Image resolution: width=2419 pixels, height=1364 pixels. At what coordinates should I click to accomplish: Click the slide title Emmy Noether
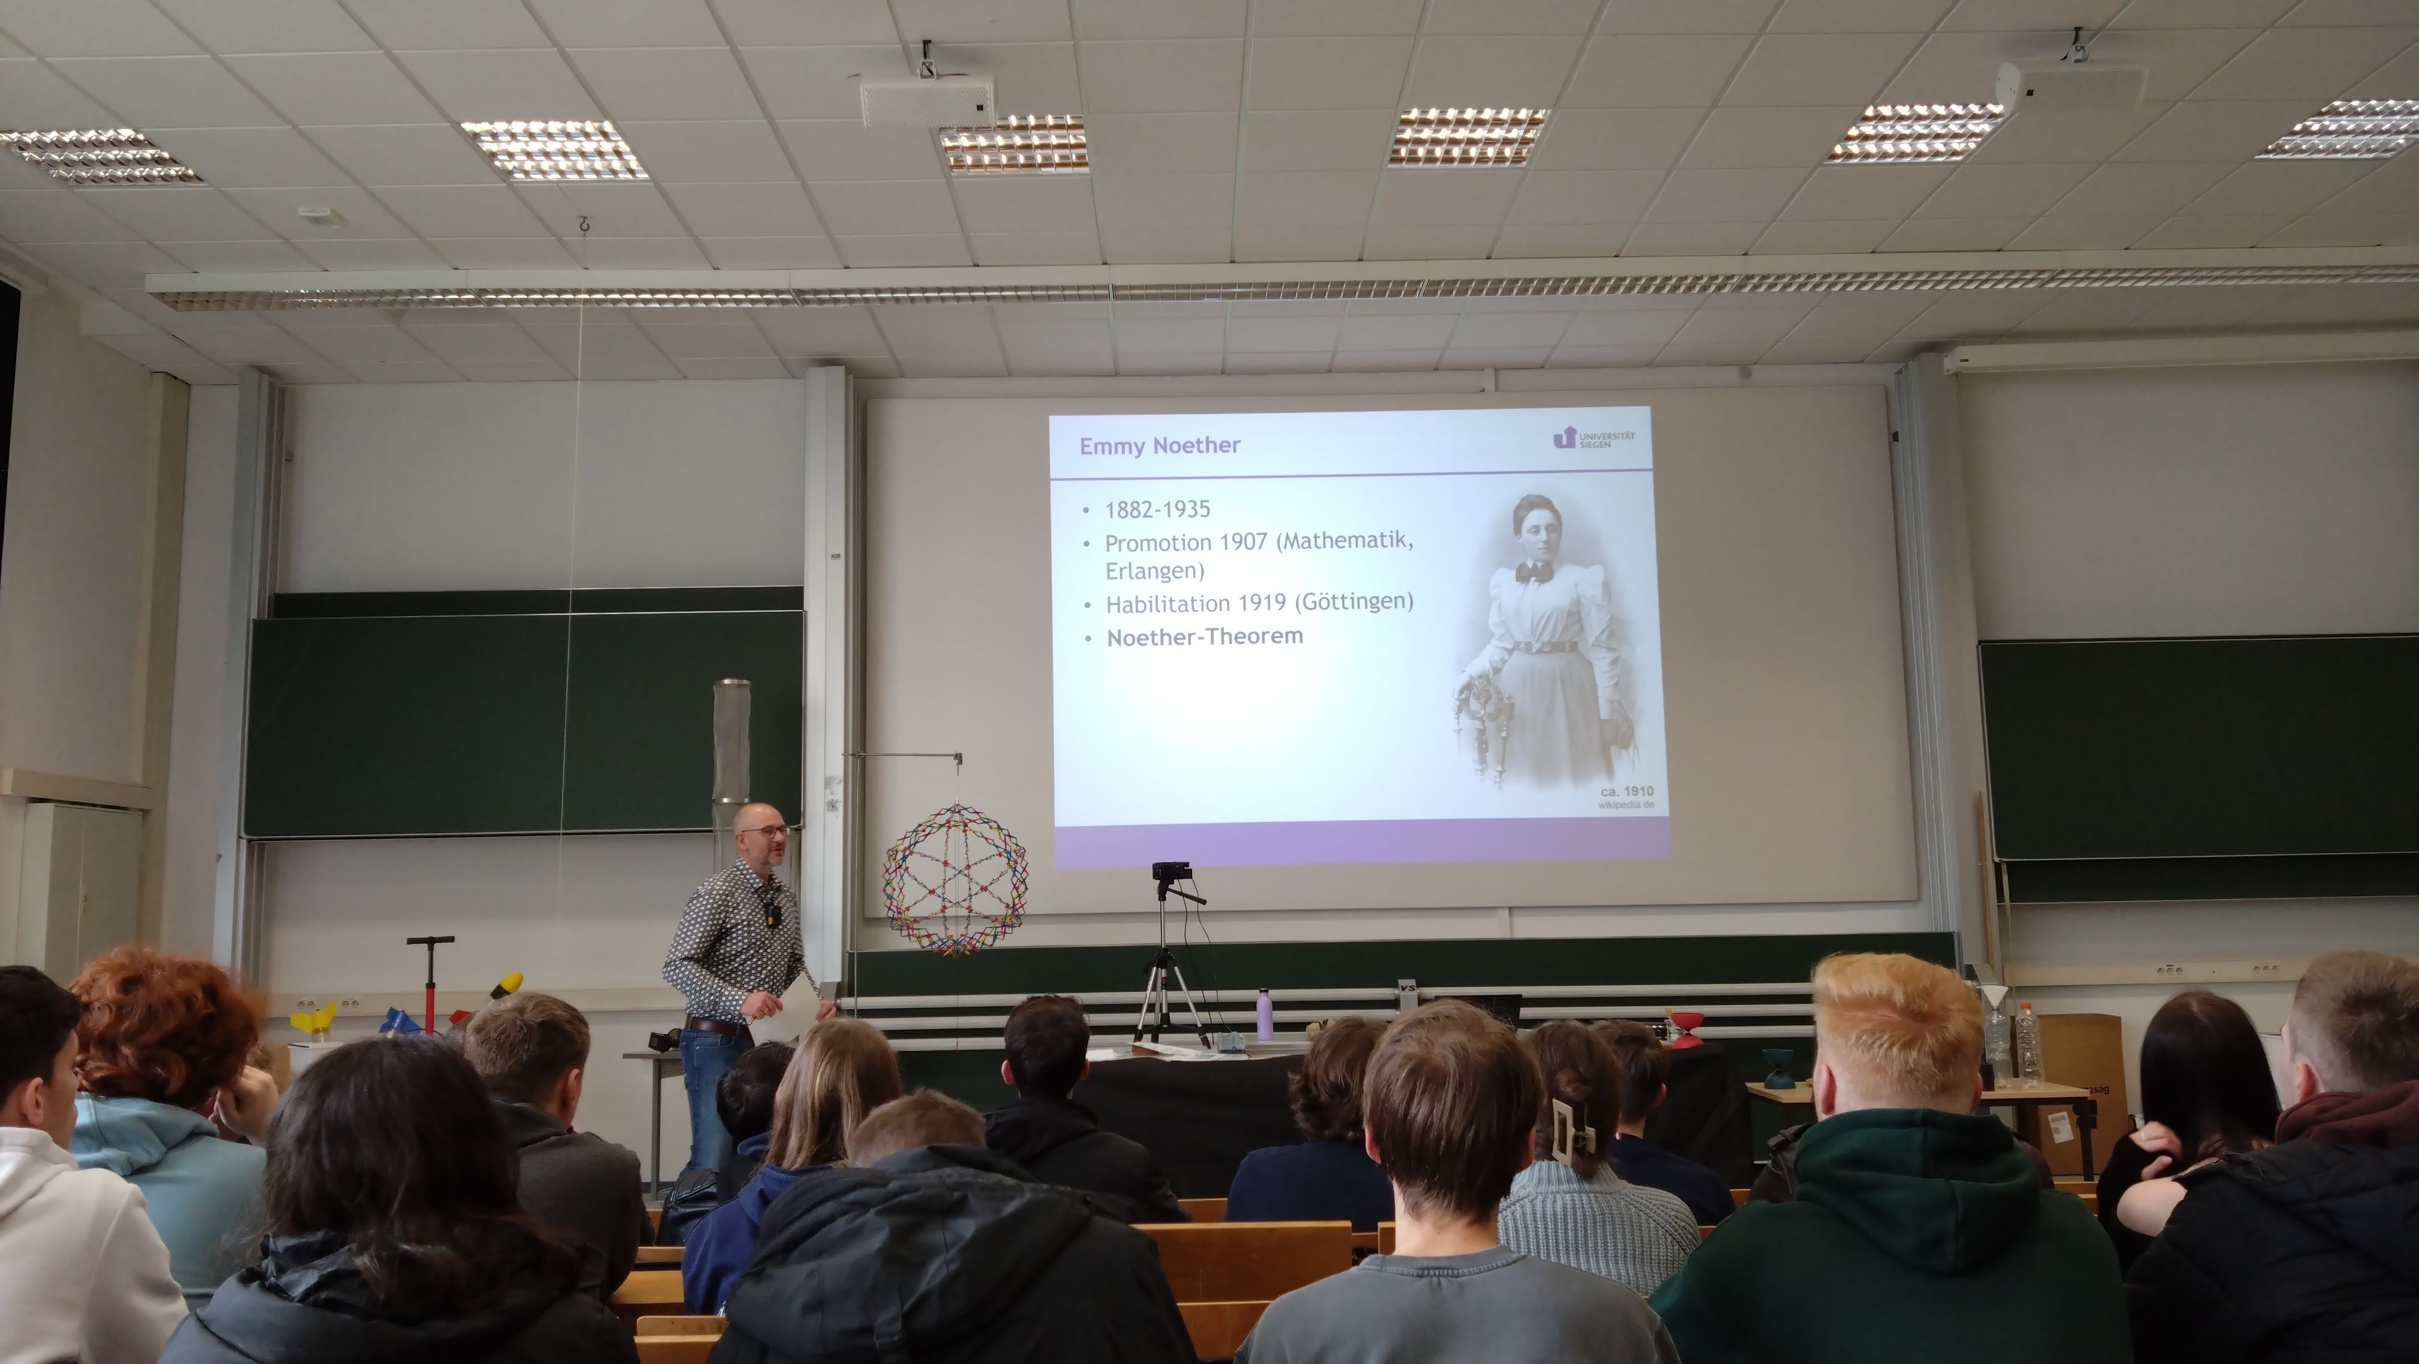(1160, 445)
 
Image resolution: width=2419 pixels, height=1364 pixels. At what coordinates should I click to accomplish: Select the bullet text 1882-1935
(1157, 509)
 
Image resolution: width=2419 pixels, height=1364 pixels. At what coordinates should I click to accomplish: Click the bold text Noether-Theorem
(1205, 637)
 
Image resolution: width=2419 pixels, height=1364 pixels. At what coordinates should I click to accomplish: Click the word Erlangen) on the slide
(1154, 571)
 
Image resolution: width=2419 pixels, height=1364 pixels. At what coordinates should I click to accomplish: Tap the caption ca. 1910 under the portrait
(1626, 791)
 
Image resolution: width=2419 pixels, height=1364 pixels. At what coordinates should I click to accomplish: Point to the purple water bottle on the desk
(1264, 1015)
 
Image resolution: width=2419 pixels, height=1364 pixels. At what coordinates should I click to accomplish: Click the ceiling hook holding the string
(584, 226)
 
